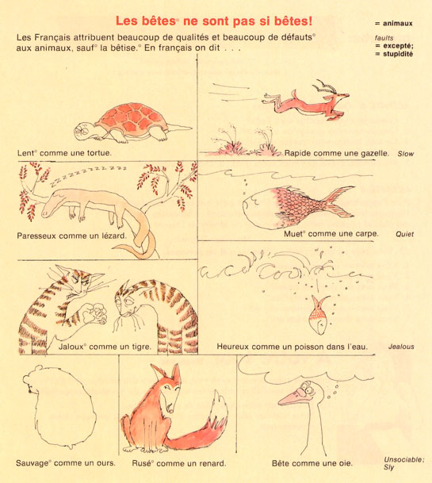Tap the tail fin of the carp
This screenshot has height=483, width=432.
338,201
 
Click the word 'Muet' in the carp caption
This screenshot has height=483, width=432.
292,234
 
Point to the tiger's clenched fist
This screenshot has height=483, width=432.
94,313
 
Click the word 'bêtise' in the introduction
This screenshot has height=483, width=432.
124,48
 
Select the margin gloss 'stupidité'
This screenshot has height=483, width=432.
398,54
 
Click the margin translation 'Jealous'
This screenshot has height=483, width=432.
401,347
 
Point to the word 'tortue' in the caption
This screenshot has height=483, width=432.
98,153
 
